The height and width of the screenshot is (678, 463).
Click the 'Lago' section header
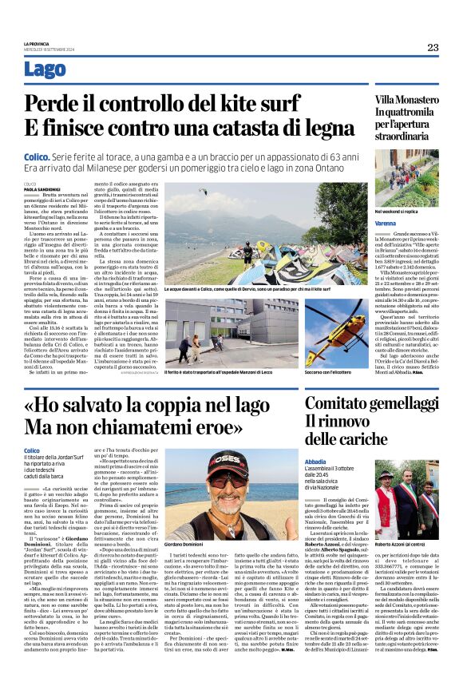point(46,70)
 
